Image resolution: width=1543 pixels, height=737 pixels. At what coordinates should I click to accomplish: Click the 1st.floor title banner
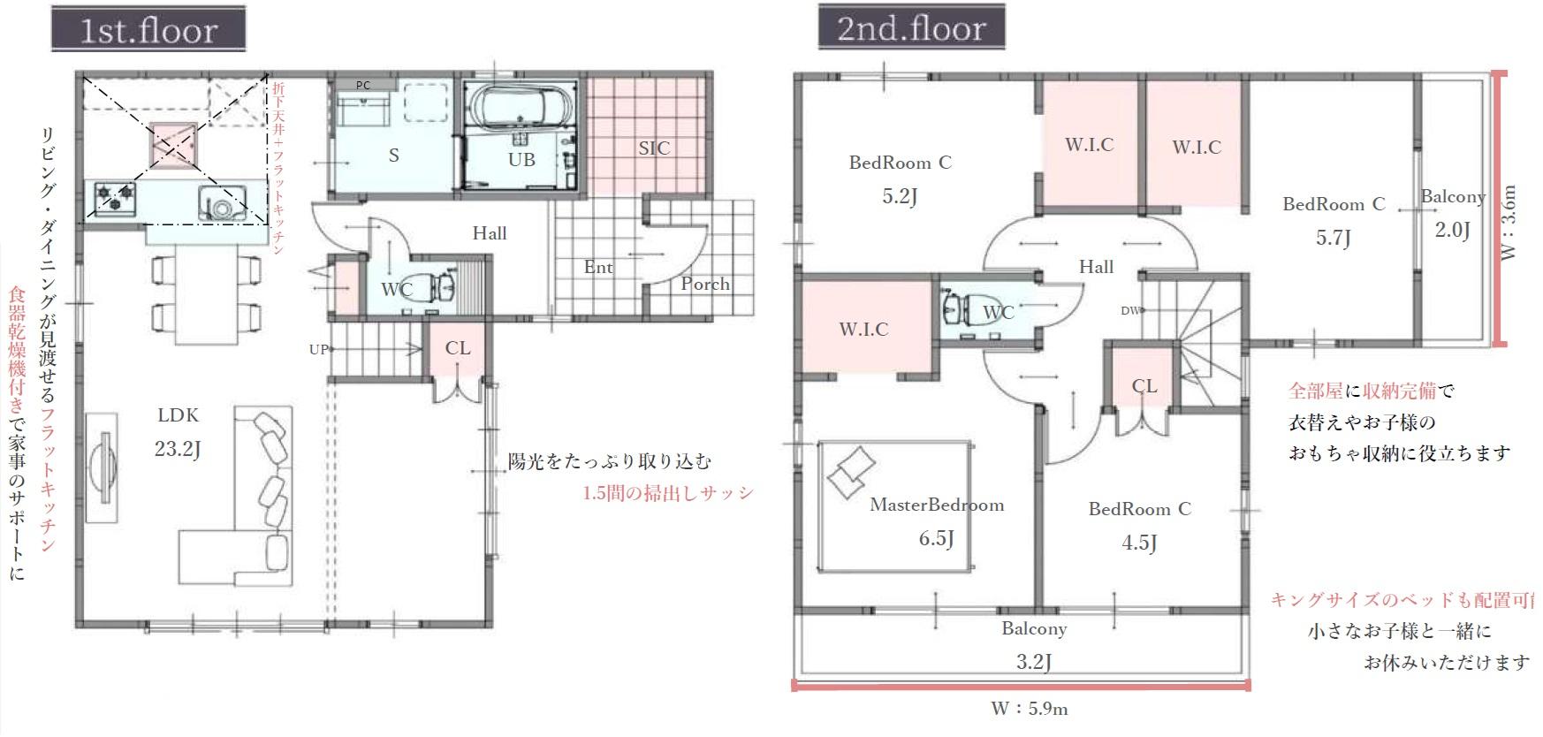click(x=148, y=29)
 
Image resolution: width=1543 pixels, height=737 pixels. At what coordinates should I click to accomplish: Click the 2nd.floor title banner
click(x=911, y=27)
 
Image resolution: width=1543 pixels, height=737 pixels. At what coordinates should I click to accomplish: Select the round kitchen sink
click(x=221, y=203)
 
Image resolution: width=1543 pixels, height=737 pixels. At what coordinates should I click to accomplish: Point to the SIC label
click(x=654, y=148)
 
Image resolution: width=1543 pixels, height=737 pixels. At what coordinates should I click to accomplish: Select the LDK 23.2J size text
click(x=178, y=449)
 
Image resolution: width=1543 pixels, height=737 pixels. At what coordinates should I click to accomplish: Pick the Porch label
click(x=705, y=284)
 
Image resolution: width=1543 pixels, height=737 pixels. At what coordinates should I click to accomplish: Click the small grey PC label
click(x=363, y=85)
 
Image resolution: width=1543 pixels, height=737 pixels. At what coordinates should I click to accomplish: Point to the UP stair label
click(x=318, y=349)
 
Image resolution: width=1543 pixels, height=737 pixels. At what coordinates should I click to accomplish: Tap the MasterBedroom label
click(x=937, y=505)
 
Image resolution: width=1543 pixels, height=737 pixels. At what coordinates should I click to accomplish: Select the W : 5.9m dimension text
click(x=1029, y=708)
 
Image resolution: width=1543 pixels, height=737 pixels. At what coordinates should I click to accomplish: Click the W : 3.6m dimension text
click(x=1509, y=222)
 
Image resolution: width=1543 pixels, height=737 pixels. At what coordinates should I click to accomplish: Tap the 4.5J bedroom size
click(x=1139, y=543)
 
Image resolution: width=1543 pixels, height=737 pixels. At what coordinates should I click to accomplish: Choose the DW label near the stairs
click(x=1130, y=310)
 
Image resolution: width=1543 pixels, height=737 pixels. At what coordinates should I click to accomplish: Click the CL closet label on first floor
click(x=458, y=348)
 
